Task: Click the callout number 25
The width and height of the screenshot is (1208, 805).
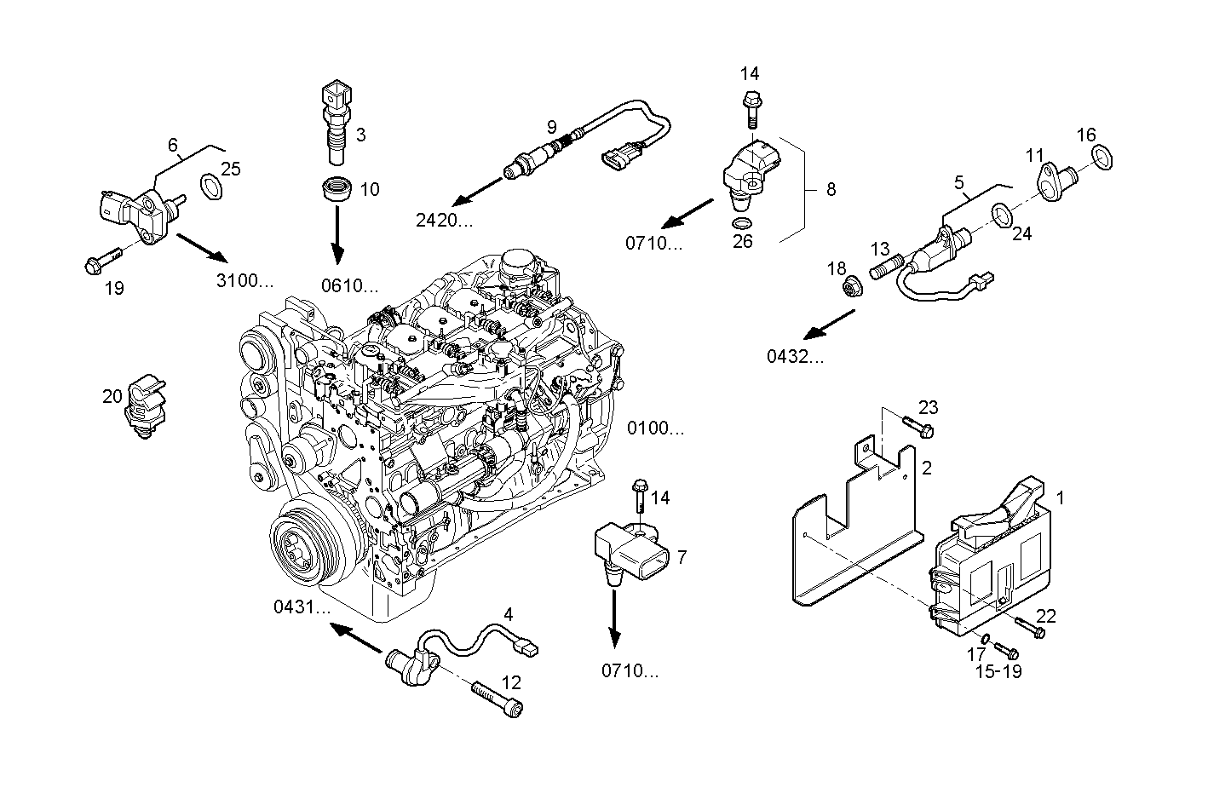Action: coord(231,169)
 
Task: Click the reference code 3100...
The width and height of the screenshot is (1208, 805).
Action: coord(244,280)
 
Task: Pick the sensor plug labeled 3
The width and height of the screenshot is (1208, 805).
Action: coord(333,122)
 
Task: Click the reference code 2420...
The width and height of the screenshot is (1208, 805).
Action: coord(444,221)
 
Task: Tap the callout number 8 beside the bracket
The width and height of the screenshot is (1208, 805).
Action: coord(831,189)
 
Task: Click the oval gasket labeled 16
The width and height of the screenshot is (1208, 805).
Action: coord(1104,158)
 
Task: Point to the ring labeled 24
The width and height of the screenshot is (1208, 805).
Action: coord(1003,212)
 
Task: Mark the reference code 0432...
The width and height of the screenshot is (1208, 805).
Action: coord(796,357)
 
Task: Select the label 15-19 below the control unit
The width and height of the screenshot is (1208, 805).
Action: coord(998,671)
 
